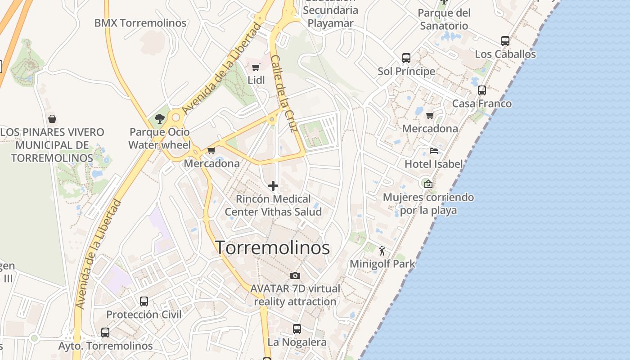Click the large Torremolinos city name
point(273,248)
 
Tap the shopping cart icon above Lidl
point(256,67)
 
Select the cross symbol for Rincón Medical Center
point(273,186)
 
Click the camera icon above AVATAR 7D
point(295,275)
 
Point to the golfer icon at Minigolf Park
point(382,251)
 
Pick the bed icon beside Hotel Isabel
point(434,151)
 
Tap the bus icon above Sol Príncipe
point(406,58)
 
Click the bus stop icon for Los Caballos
point(505,41)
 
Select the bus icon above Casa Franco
point(482,90)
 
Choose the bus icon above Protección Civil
point(144,301)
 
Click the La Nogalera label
point(297,342)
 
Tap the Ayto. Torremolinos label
point(105,346)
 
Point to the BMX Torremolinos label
point(140,23)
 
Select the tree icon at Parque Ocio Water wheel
point(159,119)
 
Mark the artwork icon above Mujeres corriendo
point(428,184)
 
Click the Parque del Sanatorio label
point(444,19)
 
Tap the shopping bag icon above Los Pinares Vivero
point(52,119)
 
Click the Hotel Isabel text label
point(434,164)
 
